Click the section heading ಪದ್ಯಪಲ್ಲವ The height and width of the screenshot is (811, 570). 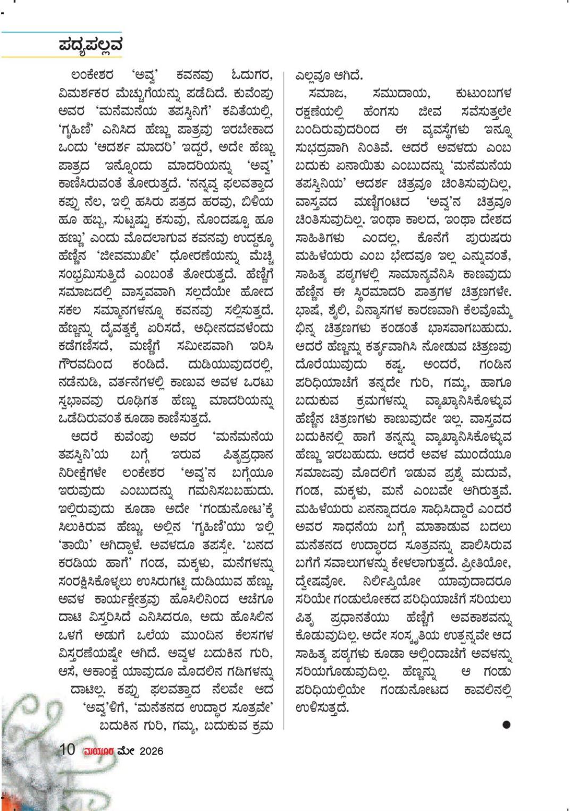(x=90, y=45)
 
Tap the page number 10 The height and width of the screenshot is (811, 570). (x=67, y=750)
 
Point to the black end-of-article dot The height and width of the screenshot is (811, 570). (x=506, y=724)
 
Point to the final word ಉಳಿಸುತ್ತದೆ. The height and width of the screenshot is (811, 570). (x=322, y=707)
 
